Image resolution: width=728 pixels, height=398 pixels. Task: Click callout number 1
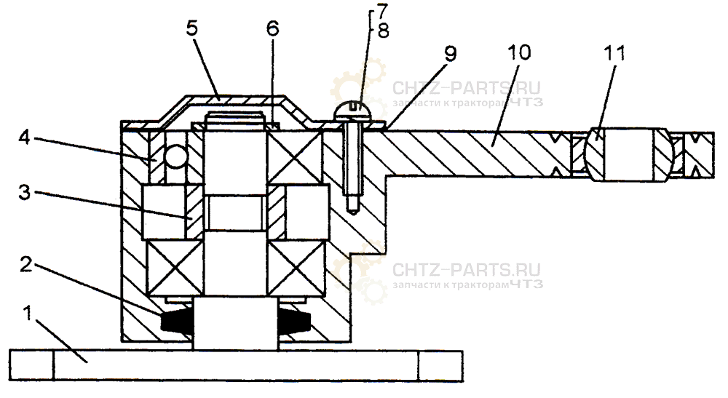point(28,315)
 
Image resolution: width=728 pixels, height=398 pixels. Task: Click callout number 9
point(451,55)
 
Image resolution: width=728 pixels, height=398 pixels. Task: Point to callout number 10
point(521,53)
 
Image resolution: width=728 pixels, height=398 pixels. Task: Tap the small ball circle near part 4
point(175,156)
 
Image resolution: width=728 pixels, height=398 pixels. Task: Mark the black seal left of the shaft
point(174,324)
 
